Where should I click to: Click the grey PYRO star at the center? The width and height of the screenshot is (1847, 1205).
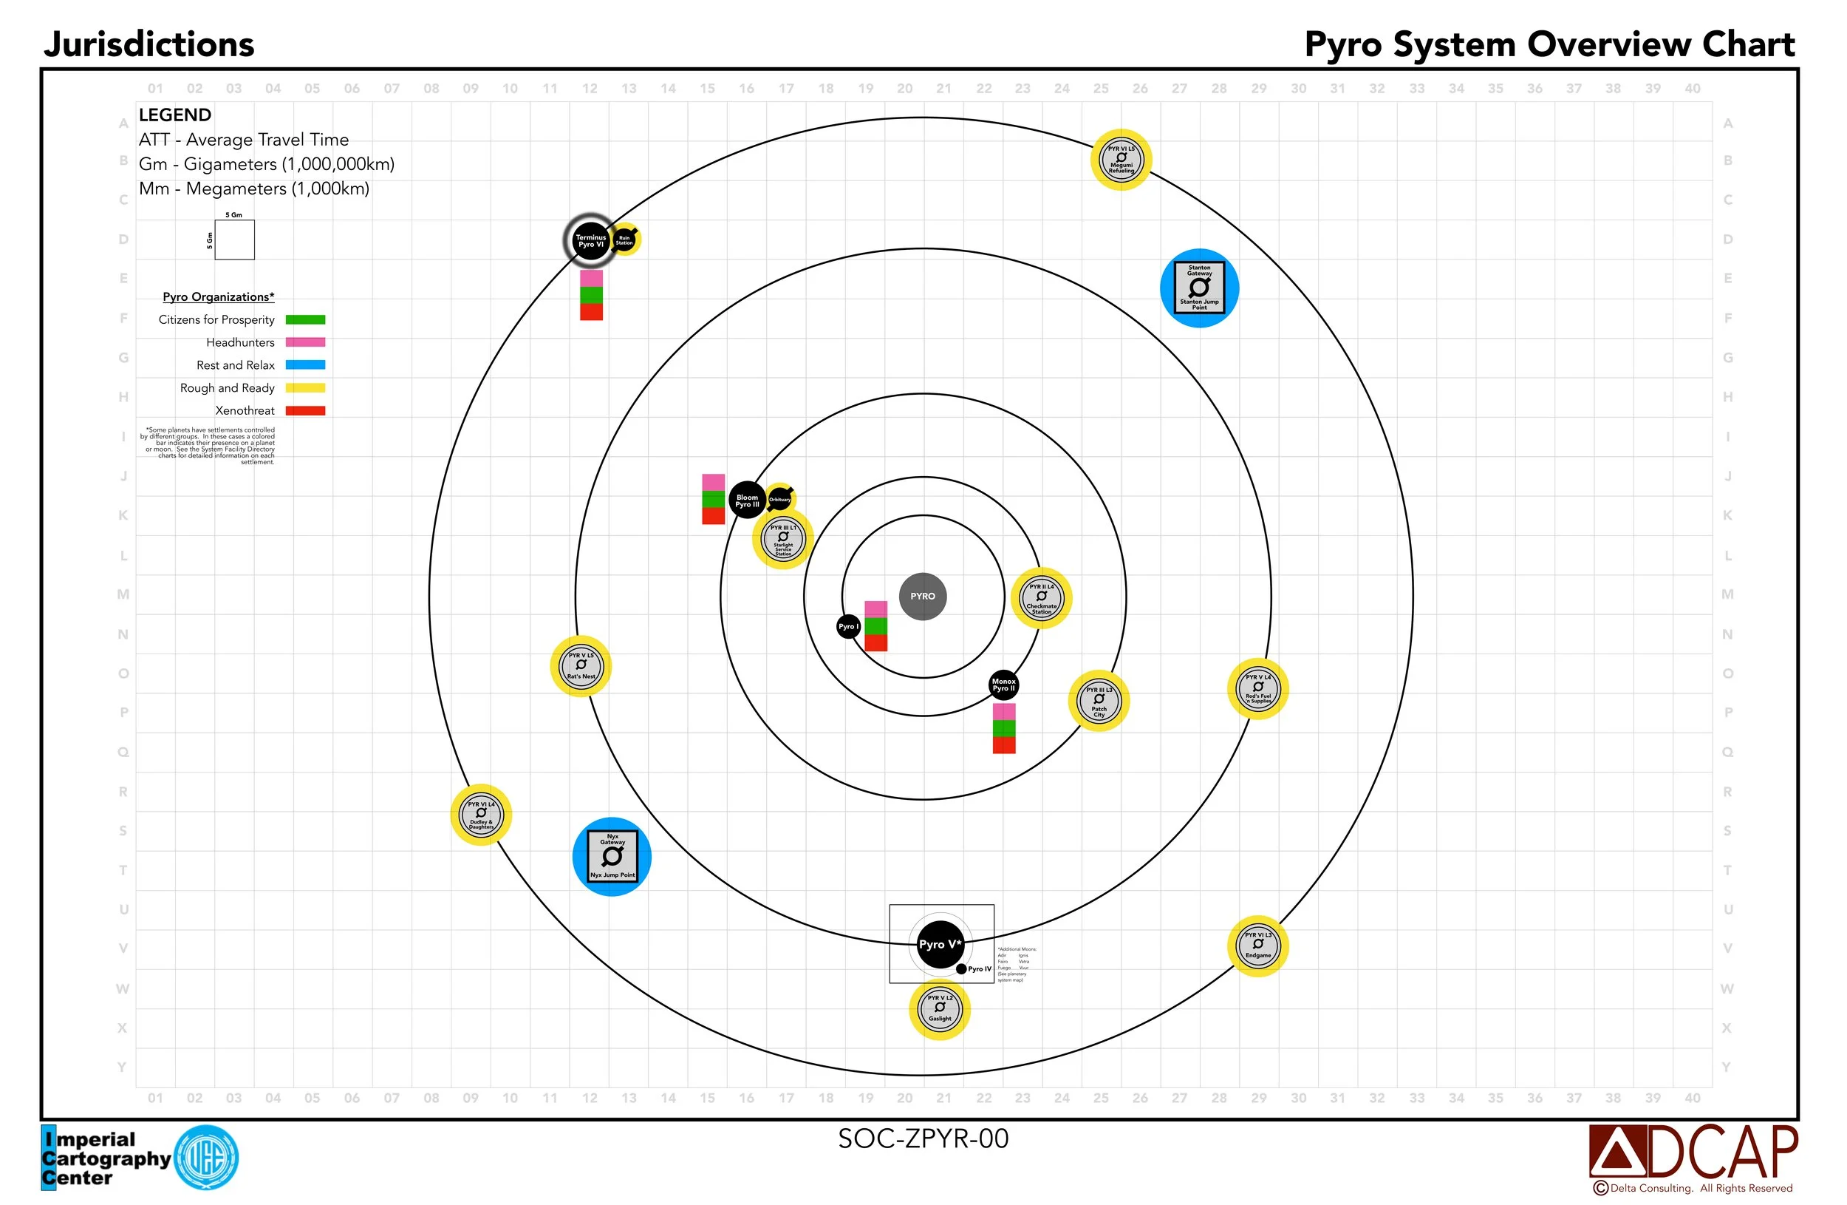coord(923,597)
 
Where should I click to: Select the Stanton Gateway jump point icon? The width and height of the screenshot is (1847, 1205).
coord(1199,288)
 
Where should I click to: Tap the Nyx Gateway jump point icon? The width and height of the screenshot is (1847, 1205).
coord(612,856)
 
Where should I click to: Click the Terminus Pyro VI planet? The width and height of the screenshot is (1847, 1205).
coord(590,241)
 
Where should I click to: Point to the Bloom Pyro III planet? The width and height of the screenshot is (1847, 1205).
coord(748,500)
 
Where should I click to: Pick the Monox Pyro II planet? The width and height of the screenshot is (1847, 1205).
coord(1003,685)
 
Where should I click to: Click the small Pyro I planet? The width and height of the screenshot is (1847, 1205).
coord(848,627)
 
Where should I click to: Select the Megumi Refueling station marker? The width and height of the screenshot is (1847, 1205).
coord(1121,160)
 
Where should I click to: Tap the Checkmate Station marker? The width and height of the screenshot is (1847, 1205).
coord(1042,598)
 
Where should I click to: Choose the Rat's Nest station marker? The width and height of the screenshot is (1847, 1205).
coord(581,666)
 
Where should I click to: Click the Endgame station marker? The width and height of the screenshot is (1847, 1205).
coord(1258,946)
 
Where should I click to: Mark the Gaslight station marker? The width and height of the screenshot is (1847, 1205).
coord(940,1009)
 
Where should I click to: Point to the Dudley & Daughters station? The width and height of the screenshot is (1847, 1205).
coord(481,815)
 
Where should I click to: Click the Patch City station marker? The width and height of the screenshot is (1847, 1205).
coord(1099,700)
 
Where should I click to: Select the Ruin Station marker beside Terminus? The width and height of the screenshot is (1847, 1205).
coord(625,240)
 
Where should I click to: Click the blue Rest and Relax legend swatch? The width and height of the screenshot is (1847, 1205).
coord(305,365)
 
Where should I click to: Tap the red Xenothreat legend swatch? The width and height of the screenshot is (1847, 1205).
coord(305,411)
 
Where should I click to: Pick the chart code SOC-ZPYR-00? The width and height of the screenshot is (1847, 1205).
coord(923,1138)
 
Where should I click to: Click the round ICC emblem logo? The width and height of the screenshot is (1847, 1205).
coord(206,1158)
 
